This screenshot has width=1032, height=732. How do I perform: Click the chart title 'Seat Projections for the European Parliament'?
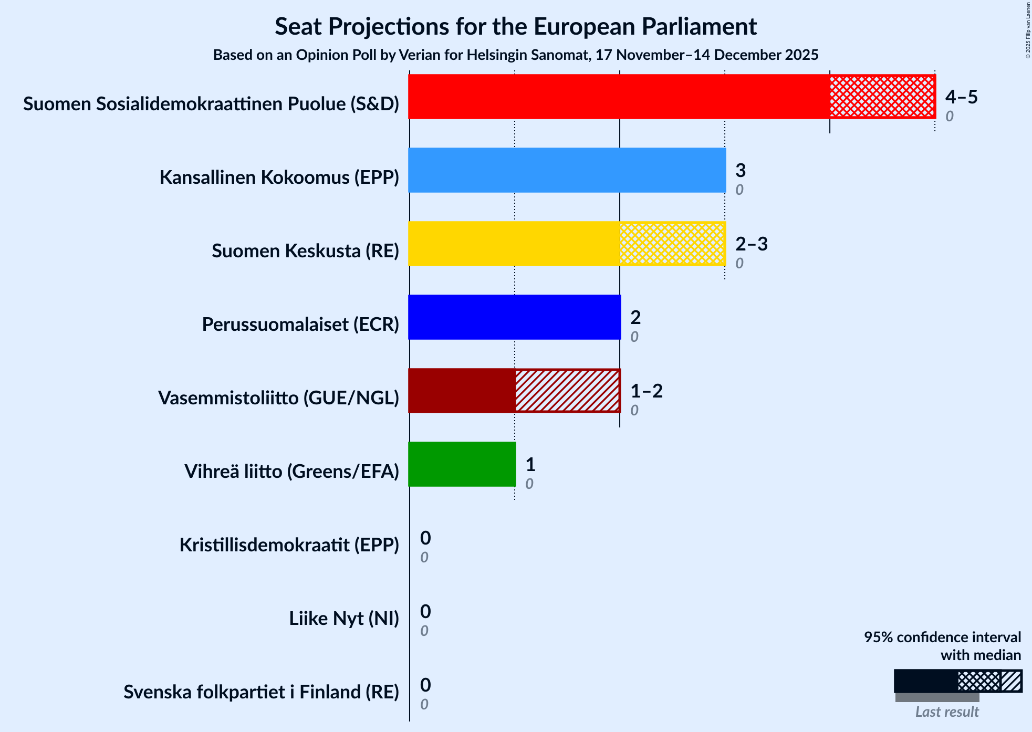(515, 26)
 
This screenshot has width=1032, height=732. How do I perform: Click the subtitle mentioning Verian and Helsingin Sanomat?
(515, 55)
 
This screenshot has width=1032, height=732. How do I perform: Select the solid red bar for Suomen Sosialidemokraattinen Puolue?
(619, 97)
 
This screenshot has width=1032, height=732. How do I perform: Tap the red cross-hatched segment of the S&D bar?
(882, 97)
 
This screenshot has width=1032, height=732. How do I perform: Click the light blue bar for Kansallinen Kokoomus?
(567, 170)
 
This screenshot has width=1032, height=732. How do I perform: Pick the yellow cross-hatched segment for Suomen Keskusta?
(672, 244)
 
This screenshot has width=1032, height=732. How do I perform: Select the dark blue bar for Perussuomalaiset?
(514, 317)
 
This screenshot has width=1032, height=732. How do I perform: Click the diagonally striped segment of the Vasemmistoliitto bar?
(567, 391)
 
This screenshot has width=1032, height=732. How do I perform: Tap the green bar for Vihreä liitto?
(462, 464)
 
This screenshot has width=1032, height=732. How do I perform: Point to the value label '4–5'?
(961, 97)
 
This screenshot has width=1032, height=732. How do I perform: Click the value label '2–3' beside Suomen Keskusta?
(751, 244)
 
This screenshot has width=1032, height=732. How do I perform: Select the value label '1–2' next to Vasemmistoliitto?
(646, 391)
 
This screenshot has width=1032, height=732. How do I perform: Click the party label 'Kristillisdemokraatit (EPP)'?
(289, 545)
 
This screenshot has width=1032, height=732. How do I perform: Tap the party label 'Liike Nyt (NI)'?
(344, 619)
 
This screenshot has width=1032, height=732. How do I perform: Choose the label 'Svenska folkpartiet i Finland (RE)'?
(261, 692)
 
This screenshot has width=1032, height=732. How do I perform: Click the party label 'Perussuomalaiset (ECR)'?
(300, 325)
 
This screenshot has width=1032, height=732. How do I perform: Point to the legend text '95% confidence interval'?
(942, 637)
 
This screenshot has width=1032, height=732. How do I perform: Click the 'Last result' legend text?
(947, 712)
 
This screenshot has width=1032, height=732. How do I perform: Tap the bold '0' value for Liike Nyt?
(425, 611)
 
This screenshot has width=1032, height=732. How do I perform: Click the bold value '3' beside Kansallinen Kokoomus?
(741, 171)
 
